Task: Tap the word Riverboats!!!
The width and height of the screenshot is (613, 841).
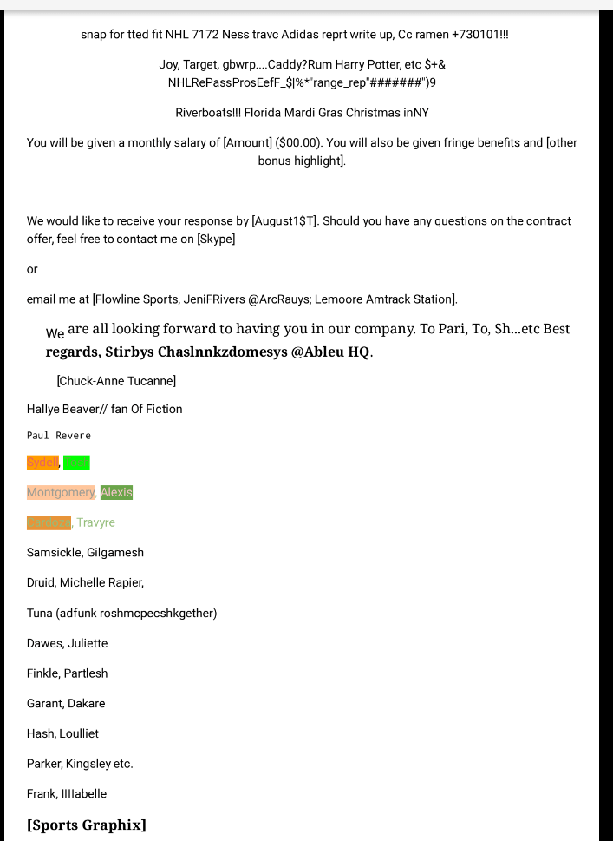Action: [x=208, y=113]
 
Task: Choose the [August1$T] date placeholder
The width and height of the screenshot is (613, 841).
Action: [x=284, y=221]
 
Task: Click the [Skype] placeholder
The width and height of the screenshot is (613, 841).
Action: [x=216, y=239]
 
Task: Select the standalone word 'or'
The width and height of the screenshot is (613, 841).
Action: [x=32, y=269]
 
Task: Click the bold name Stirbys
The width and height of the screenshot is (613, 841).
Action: [x=129, y=352]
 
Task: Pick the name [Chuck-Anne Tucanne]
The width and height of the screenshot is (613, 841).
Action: [x=116, y=381]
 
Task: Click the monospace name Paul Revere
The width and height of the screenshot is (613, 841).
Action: [x=58, y=436]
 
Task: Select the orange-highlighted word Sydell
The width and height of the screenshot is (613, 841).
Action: [x=42, y=463]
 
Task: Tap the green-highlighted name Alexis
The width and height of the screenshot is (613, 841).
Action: [x=116, y=492]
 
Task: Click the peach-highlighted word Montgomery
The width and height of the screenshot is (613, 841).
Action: [x=61, y=492]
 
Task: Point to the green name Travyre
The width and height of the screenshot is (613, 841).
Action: [x=95, y=522]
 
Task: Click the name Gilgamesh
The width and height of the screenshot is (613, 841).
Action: [x=115, y=552]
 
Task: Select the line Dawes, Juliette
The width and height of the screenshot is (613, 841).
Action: [x=67, y=643]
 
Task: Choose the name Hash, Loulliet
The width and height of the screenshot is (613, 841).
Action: [x=62, y=733]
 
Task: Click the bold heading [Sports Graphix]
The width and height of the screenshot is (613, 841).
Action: [x=86, y=825]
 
